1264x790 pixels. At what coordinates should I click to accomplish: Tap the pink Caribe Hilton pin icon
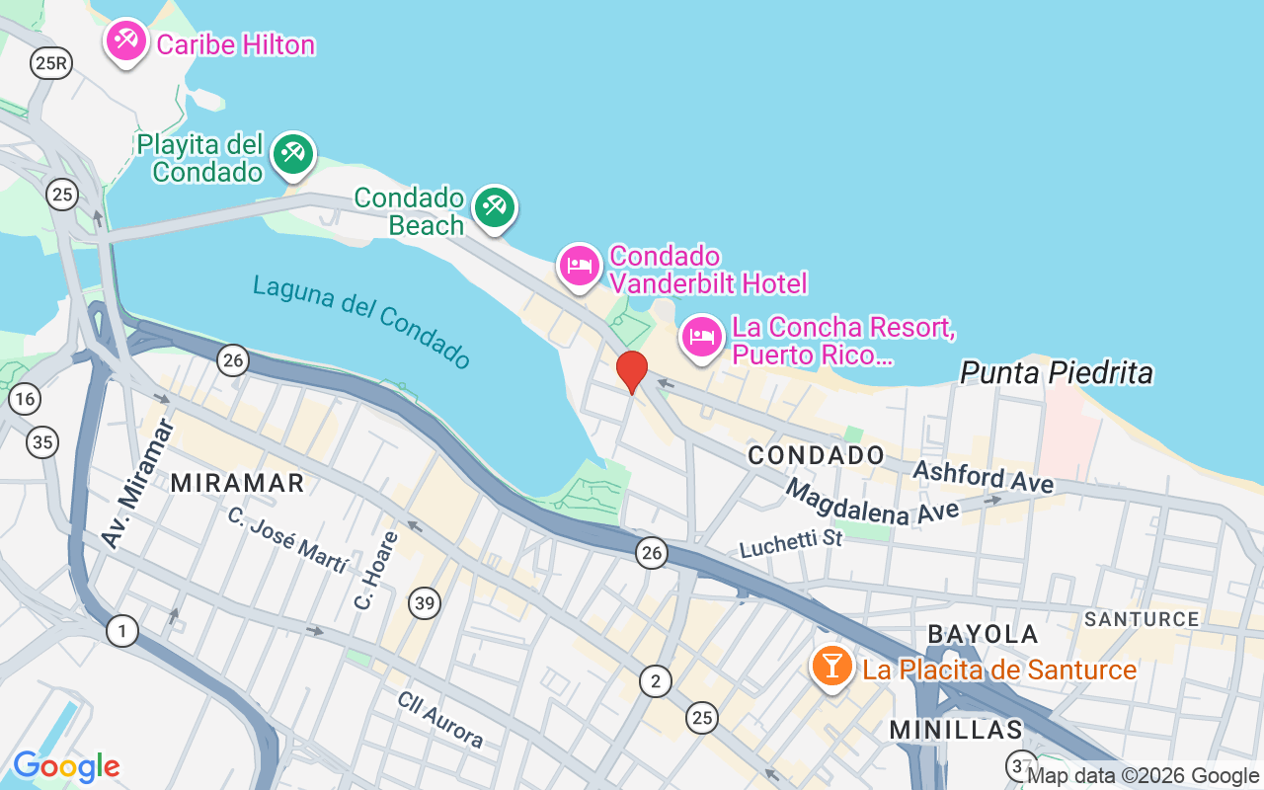click(126, 41)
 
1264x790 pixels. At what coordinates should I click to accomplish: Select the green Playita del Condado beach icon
click(293, 154)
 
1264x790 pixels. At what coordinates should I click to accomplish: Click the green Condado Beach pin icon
click(495, 207)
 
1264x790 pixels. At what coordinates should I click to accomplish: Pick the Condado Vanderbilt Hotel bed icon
click(580, 266)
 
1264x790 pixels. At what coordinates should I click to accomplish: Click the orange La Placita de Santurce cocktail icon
click(832, 667)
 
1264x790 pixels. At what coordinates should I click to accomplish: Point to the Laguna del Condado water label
click(361, 321)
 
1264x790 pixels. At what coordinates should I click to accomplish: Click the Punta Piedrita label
click(1057, 372)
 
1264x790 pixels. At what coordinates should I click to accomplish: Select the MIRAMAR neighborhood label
click(238, 483)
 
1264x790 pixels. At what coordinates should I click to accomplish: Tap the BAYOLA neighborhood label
click(983, 634)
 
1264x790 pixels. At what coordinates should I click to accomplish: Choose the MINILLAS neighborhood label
click(956, 730)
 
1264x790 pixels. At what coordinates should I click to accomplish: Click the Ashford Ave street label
click(984, 476)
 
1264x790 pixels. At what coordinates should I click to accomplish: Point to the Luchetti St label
click(791, 541)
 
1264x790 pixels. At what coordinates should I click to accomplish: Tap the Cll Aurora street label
click(440, 719)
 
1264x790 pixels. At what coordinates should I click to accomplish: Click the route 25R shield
click(50, 64)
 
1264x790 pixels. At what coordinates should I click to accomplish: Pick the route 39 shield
click(425, 602)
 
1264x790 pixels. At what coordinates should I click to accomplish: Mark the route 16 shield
click(25, 399)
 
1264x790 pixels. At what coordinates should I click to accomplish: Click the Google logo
click(66, 765)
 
